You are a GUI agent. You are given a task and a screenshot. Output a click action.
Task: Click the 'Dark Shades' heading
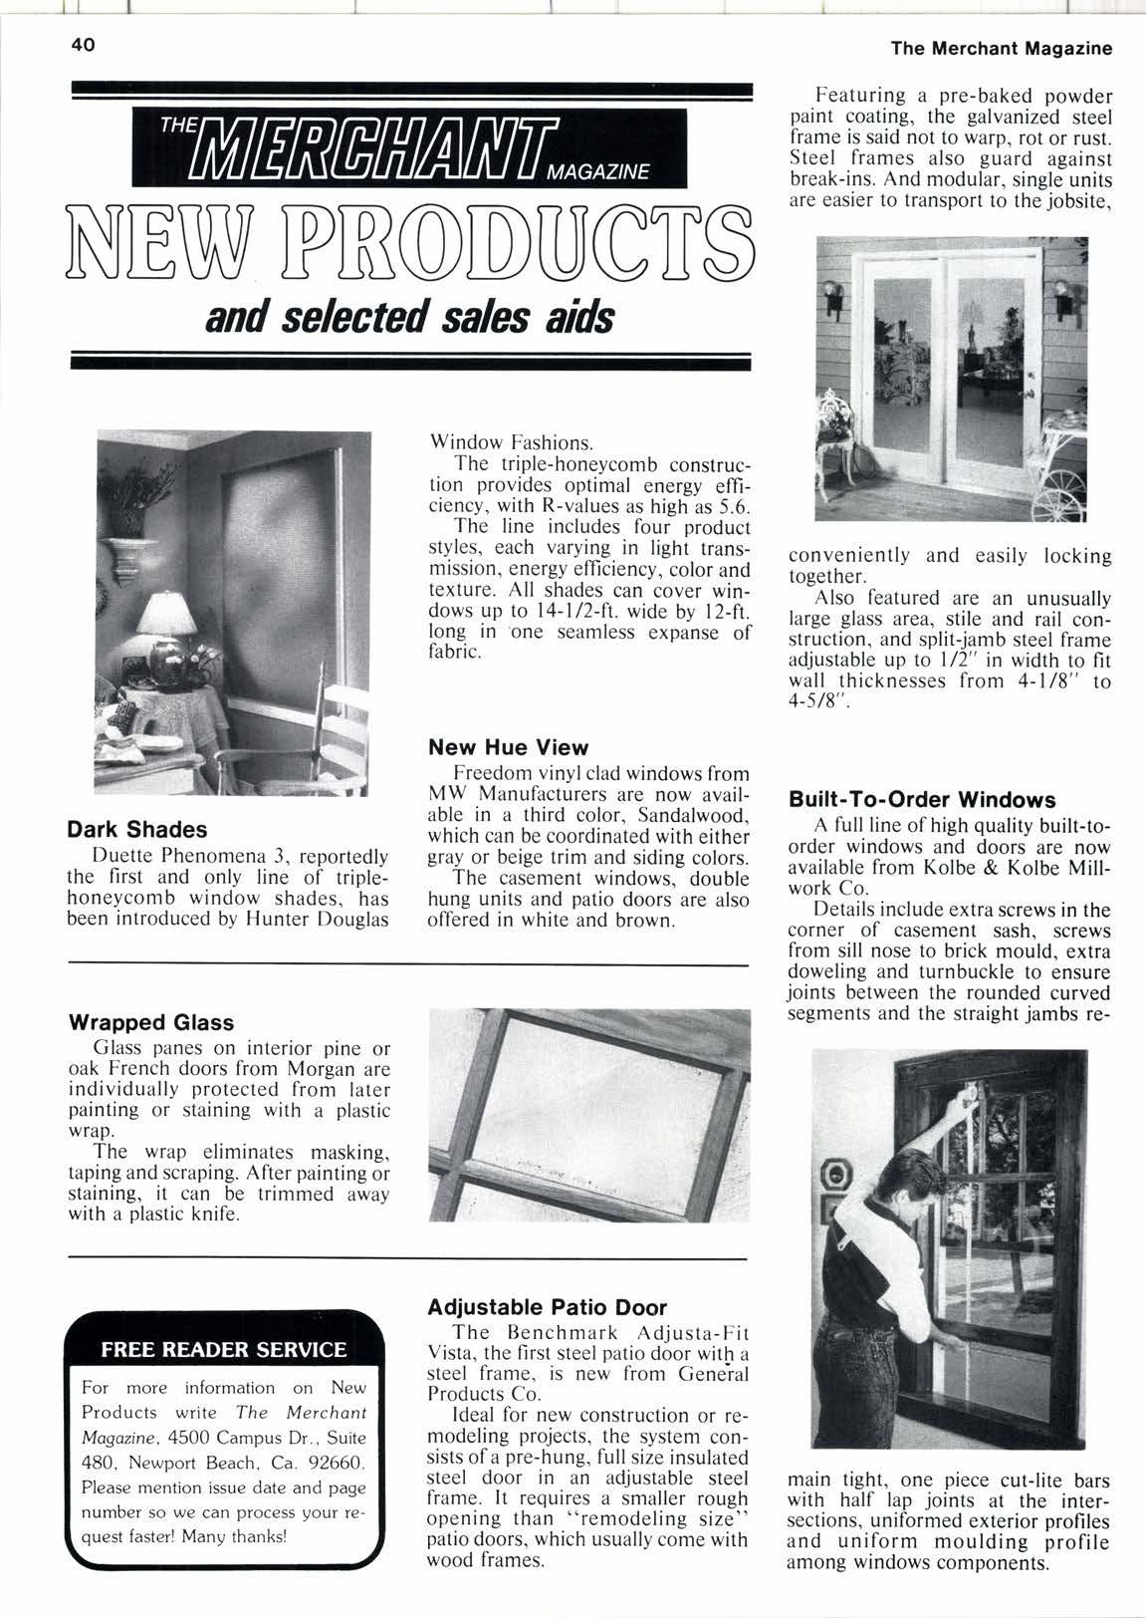136,829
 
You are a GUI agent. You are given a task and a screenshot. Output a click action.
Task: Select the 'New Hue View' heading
508,747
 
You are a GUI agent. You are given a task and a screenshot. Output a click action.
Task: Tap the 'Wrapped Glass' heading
151,1022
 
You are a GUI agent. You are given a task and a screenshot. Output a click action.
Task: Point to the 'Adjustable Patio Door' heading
547,1306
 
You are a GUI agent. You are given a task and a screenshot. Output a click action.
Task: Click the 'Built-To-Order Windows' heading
921,800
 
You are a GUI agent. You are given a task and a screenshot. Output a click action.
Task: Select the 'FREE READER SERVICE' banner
224,1350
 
